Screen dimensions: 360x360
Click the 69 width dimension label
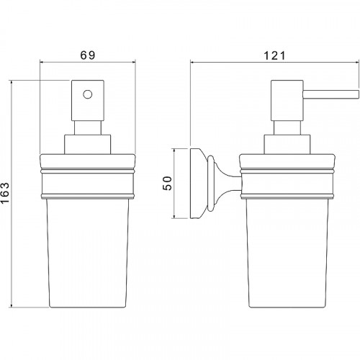point(88,55)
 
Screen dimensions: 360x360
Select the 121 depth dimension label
point(274,56)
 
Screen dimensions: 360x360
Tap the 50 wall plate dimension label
point(167,183)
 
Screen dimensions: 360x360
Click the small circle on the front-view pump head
point(88,94)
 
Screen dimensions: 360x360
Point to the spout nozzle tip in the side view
point(359,94)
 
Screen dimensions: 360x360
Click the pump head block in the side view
point(287,101)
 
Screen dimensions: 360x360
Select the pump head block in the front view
point(88,101)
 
